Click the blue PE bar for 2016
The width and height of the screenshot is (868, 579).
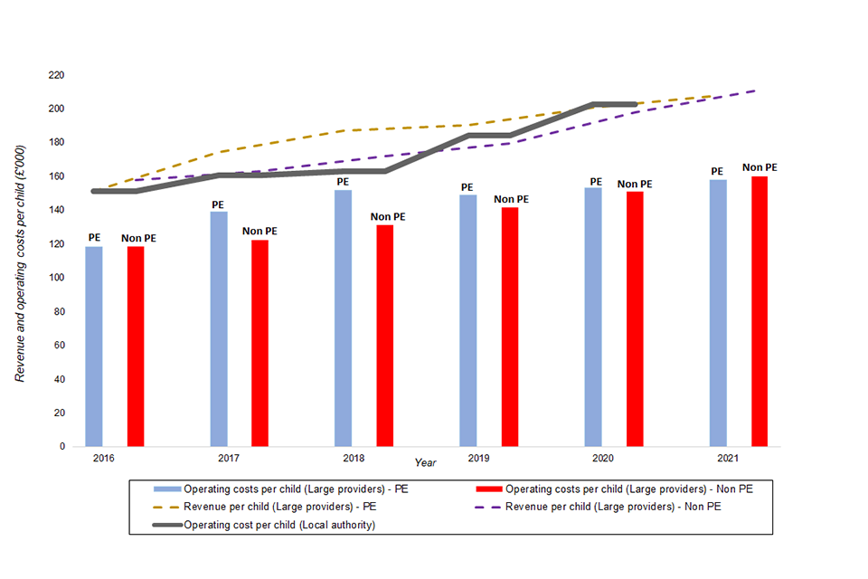point(94,346)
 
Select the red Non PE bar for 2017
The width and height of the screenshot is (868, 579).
point(259,343)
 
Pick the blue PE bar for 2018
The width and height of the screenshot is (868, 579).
point(343,318)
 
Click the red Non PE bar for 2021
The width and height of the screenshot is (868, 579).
point(759,311)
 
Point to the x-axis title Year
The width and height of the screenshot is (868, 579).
point(425,462)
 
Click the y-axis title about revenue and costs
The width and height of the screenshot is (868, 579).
point(20,262)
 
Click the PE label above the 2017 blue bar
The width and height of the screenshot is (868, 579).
point(218,205)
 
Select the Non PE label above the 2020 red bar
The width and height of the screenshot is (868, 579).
point(635,185)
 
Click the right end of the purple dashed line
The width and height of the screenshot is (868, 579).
point(755,90)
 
